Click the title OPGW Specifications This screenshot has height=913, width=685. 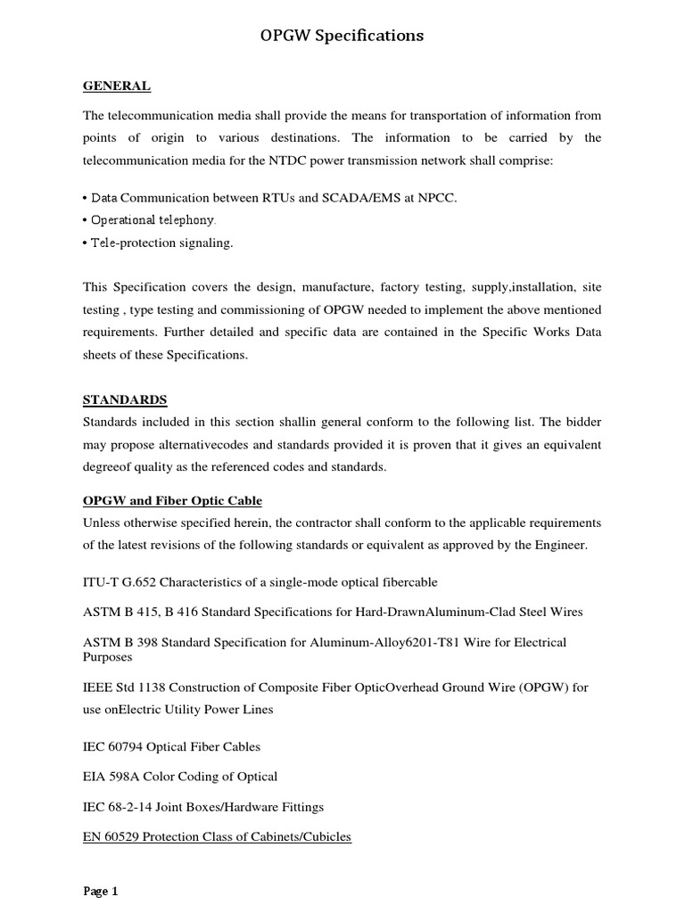tap(342, 36)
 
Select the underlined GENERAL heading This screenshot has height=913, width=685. tap(117, 86)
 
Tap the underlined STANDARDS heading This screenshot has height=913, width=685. tap(125, 399)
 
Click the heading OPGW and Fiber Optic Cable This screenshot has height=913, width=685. tap(172, 500)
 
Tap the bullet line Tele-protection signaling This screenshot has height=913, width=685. tap(158, 243)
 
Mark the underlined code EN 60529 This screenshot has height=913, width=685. tap(111, 836)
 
